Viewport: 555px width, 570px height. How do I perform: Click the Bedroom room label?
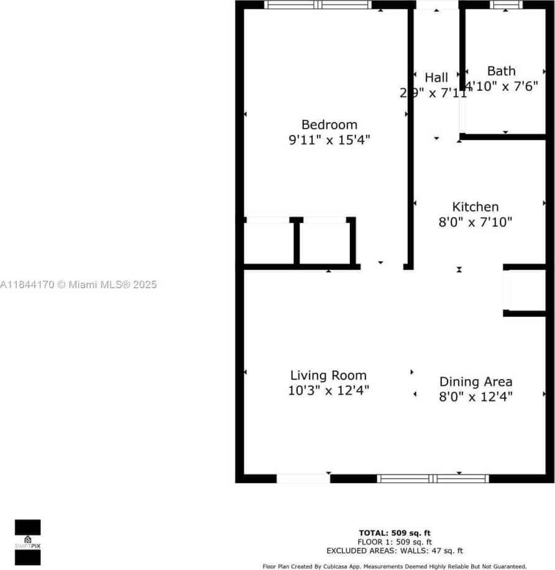pos(329,124)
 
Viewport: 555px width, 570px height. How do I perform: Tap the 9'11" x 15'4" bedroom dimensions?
pos(329,140)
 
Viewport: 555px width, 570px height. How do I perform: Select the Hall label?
pos(436,78)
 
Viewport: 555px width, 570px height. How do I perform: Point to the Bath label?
pos(501,71)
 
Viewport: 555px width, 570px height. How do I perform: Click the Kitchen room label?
pos(475,207)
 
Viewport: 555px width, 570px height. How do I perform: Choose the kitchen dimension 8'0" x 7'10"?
pos(475,222)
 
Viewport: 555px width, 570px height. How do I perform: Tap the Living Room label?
pos(328,375)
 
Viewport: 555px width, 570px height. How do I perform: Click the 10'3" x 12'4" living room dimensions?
pos(328,390)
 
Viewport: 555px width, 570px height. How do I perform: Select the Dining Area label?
pos(476,382)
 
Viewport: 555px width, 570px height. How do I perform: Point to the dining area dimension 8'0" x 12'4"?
pos(476,397)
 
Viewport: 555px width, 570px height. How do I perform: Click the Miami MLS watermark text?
pos(79,285)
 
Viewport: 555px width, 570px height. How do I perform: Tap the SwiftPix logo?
pos(28,543)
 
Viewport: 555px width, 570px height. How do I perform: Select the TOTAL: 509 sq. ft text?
pos(395,533)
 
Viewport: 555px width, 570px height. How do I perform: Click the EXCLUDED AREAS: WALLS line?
pos(395,551)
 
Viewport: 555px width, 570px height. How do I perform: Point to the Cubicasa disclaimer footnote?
pos(395,566)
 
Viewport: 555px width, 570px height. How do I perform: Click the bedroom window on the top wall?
pos(318,4)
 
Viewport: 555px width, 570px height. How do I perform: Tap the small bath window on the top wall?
pos(507,4)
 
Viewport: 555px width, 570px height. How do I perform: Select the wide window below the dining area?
pos(433,479)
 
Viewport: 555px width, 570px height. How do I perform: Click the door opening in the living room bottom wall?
pos(303,479)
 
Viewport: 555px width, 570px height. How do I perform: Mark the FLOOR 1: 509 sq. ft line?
pos(395,541)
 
